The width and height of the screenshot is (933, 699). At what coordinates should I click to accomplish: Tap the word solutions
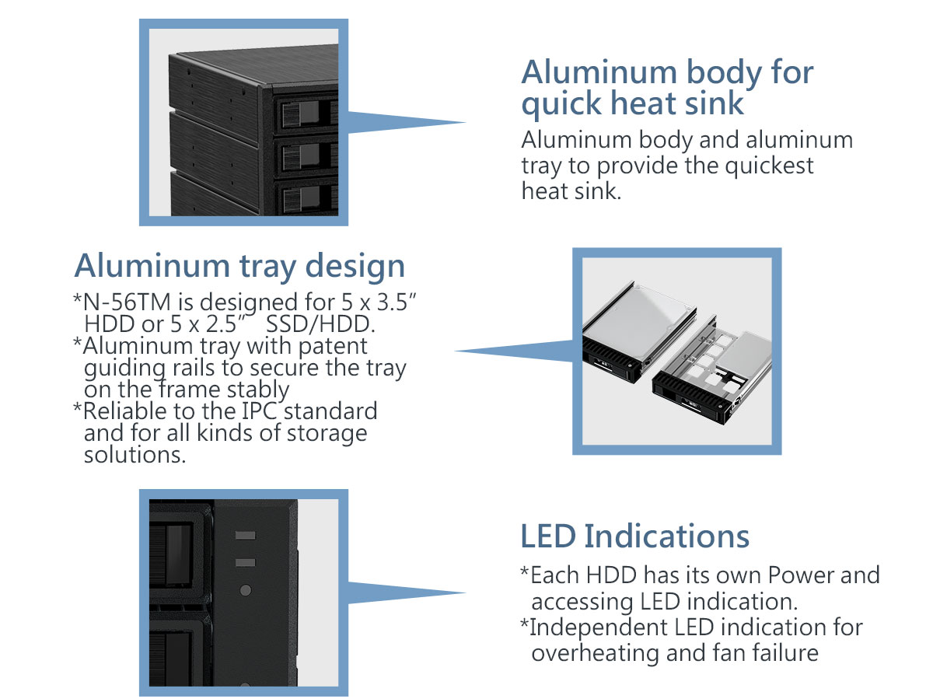tap(135, 454)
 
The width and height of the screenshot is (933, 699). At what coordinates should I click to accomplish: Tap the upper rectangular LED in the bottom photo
tap(245, 536)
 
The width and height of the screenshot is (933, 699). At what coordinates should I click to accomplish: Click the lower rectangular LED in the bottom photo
tap(245, 561)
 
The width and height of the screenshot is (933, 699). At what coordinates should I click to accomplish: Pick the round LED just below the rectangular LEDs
tap(246, 590)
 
